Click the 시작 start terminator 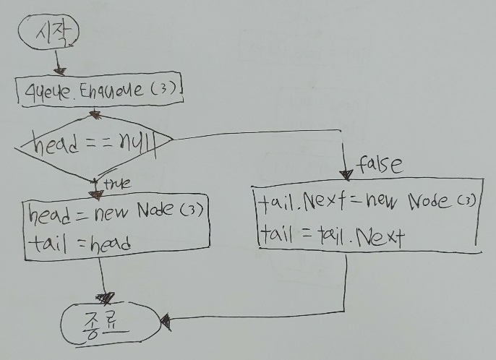(50, 32)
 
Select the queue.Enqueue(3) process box (100, 91)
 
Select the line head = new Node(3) (116, 213)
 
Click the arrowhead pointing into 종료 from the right (165, 318)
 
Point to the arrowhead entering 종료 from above (108, 297)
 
